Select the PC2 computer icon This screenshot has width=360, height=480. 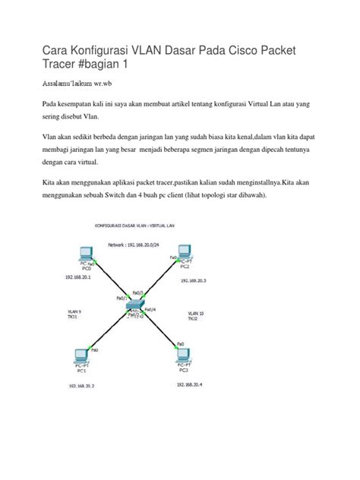pos(182,252)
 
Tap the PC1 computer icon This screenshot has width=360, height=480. pos(81,356)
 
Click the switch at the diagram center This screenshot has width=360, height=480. pos(134,306)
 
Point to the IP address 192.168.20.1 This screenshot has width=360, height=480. pos(79,278)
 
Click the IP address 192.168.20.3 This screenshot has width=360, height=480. pos(194,281)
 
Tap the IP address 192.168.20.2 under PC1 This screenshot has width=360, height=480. pos(86,387)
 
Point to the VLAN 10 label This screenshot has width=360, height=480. pos(195,312)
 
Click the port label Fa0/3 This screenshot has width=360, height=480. pos(137,292)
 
